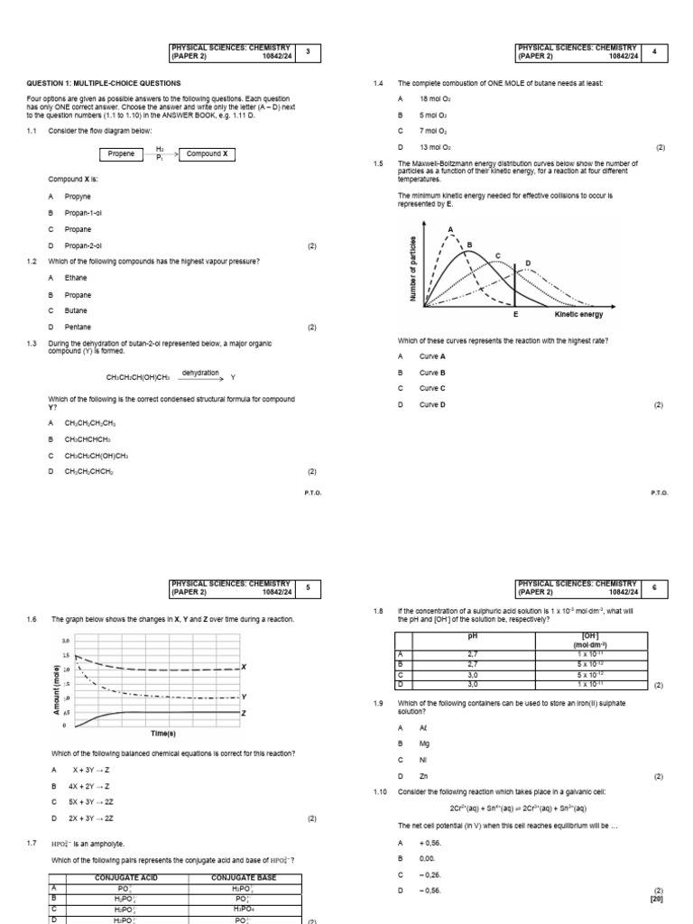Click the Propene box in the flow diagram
pos(122,154)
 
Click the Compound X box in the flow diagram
pos(207,154)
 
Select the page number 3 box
pos(308,51)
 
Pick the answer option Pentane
pos(78,327)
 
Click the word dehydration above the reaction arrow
pos(200,372)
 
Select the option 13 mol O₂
pos(435,147)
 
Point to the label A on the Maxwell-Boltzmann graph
pos(449,229)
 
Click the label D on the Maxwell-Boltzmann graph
pos(528,263)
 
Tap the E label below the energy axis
pos(515,315)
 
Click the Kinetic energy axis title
pos(578,315)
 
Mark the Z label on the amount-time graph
pos(245,713)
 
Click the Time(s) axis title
pos(162,734)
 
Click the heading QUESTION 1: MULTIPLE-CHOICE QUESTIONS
pos(104,83)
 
